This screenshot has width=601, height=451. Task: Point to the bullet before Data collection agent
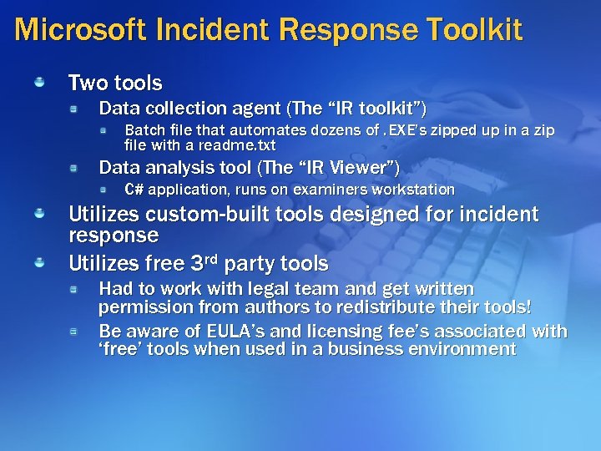[x=74, y=109]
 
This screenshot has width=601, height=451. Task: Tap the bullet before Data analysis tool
[x=74, y=167]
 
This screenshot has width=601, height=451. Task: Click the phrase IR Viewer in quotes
[x=351, y=167]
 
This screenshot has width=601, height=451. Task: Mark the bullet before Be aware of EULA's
[x=74, y=332]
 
